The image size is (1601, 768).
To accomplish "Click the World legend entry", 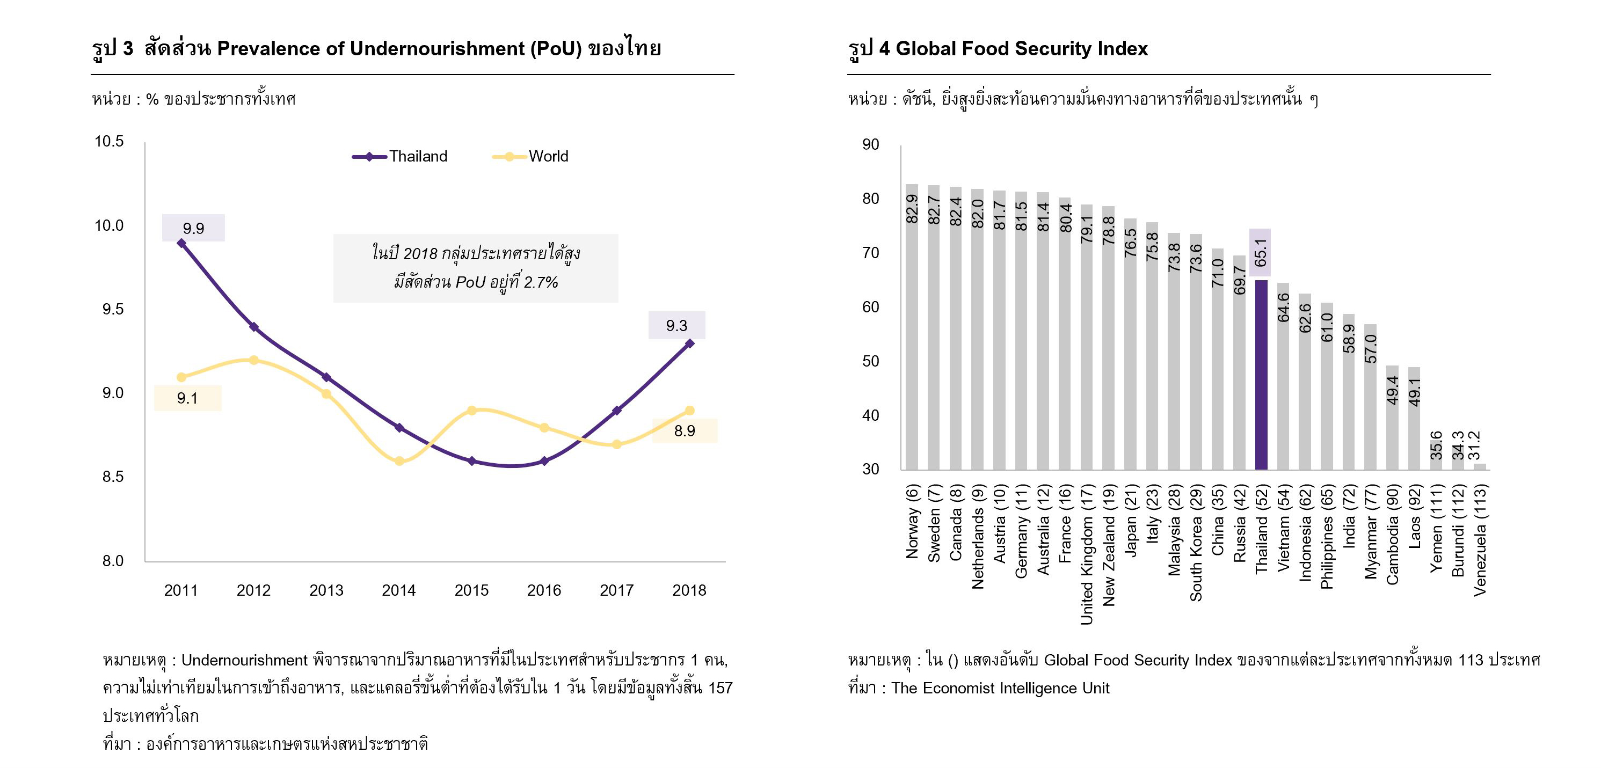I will tap(531, 157).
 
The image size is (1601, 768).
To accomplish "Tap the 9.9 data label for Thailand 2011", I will tap(193, 228).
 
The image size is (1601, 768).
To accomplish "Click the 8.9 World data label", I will tap(685, 430).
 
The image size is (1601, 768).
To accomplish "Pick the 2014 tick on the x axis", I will tap(398, 590).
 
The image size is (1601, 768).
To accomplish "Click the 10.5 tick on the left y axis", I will tap(109, 142).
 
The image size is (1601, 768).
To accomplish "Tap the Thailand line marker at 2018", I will tap(689, 343).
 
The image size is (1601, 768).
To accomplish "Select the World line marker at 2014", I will tap(399, 461).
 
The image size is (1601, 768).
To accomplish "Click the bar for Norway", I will tap(912, 326).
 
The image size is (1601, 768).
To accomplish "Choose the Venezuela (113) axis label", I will tap(1480, 540).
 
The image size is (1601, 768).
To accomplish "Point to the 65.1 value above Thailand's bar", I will tap(1261, 252).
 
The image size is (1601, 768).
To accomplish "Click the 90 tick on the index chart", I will tap(870, 145).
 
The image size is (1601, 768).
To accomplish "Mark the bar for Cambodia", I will tap(1392, 417).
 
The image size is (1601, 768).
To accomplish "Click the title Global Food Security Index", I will tap(1021, 48).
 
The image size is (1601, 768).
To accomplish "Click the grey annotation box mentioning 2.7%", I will tap(476, 268).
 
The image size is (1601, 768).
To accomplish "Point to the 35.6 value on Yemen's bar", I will tap(1436, 445).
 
